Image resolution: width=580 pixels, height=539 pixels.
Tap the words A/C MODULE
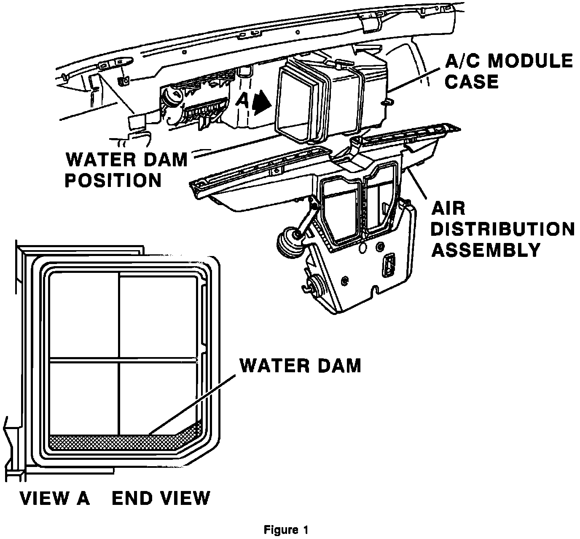(509, 61)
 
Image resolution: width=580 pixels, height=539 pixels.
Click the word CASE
(472, 82)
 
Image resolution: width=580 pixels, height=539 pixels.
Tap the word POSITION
(113, 180)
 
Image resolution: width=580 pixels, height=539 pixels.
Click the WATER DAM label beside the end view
(300, 366)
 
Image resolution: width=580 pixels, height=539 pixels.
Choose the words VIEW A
(55, 498)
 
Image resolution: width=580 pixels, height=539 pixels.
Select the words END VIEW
(161, 498)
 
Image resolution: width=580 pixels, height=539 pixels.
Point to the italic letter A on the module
(243, 101)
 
